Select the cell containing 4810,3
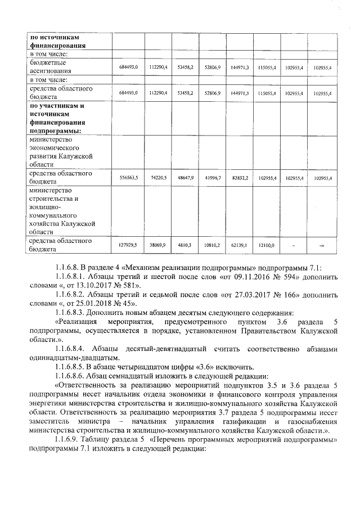pyautogui.click(x=184, y=245)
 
